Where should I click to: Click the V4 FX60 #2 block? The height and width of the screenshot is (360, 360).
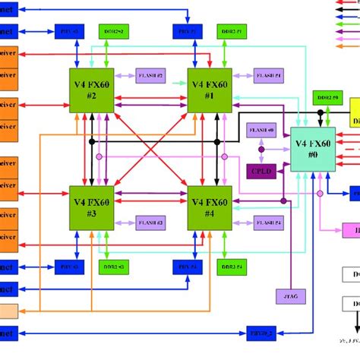coord(92,91)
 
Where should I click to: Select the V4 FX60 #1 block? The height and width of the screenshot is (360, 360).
coord(210,91)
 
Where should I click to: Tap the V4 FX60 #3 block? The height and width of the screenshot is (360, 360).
coord(92,207)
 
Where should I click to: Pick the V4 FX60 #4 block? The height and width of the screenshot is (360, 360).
coord(210,207)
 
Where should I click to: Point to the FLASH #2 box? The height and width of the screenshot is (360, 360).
coord(150,76)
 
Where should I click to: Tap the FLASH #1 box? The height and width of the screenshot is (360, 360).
coord(268,76)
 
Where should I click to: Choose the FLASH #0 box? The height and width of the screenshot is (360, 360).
coord(261,131)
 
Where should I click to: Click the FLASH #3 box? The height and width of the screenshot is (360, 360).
coord(150,223)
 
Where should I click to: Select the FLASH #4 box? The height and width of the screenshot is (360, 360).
coord(268,223)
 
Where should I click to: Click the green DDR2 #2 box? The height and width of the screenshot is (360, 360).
coord(114,31)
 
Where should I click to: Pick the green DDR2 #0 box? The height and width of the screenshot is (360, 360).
coord(328,98)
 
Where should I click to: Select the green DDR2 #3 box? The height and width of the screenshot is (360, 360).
coord(114,267)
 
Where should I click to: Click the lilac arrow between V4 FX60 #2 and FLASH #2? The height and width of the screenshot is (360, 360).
coord(125,76)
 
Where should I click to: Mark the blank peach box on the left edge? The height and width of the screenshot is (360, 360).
coord(8,311)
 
